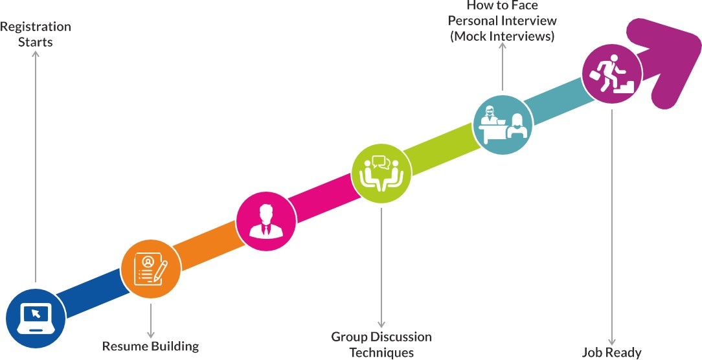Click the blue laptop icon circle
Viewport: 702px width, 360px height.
(x=36, y=317)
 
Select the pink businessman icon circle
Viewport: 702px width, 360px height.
(x=266, y=218)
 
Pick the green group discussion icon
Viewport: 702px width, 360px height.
(x=381, y=172)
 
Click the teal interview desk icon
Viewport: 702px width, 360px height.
(x=503, y=122)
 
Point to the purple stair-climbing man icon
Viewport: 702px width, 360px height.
(x=611, y=74)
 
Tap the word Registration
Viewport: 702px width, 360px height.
(x=36, y=27)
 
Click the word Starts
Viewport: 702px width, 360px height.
(x=36, y=43)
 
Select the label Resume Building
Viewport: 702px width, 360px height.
(x=150, y=346)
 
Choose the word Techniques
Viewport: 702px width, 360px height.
(x=381, y=353)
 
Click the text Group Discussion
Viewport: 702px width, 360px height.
(x=381, y=337)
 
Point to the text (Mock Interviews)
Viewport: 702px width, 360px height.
(x=503, y=37)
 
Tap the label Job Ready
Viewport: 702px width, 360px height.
(x=611, y=353)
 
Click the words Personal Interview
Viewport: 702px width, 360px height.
(x=503, y=21)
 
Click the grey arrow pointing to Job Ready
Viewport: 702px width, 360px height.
(x=611, y=227)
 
